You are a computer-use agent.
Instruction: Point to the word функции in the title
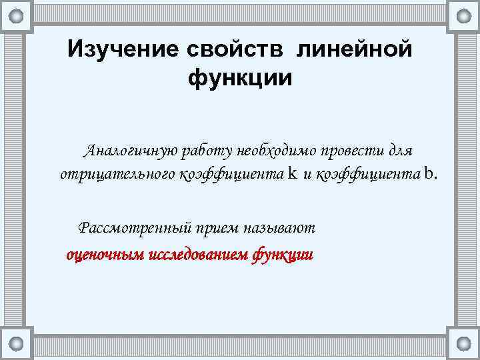click(x=240, y=78)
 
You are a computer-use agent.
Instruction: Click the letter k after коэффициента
click(x=293, y=174)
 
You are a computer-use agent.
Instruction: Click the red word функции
click(x=283, y=254)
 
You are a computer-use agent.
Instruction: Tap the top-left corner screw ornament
click(x=17, y=15)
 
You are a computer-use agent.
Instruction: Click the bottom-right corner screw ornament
click(x=463, y=344)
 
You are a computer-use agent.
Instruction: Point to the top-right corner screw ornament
click(x=463, y=15)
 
